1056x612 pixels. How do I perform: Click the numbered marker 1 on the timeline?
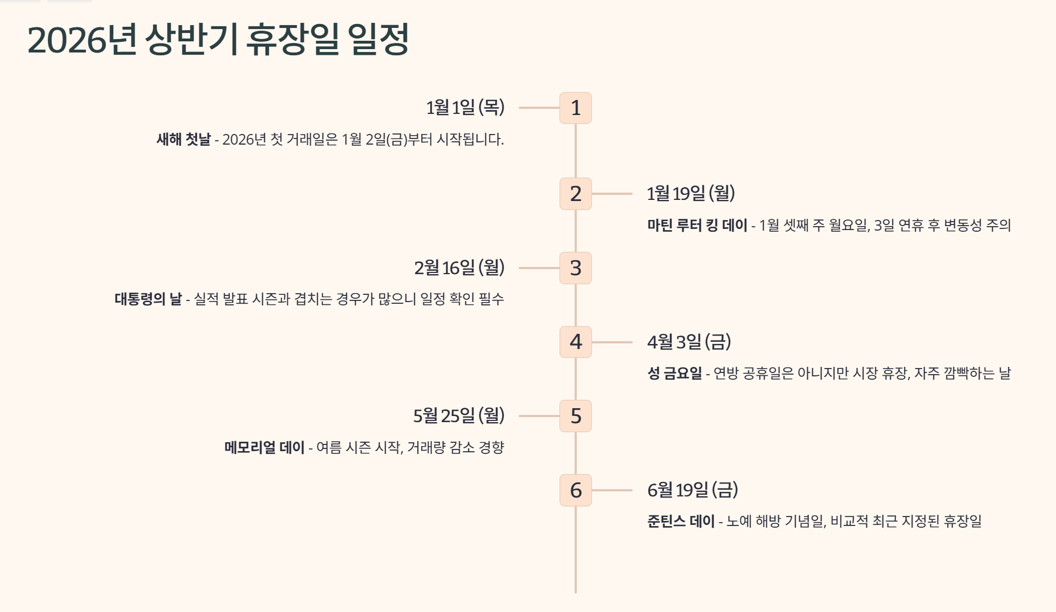tap(576, 108)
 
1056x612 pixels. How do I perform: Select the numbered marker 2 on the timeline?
tap(576, 194)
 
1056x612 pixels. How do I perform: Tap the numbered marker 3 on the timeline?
tap(576, 268)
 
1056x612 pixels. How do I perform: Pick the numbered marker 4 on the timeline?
tap(576, 342)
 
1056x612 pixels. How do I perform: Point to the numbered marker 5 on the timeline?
tap(576, 416)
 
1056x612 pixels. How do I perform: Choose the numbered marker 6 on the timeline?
tap(576, 490)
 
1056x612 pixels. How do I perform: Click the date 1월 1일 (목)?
tap(465, 107)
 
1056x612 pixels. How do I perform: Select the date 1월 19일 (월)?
tap(691, 193)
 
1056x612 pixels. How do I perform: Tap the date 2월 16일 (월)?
tap(459, 267)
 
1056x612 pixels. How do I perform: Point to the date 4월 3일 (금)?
tap(689, 341)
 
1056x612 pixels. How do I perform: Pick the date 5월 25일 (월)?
tap(459, 415)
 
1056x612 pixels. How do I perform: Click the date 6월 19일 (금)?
tap(692, 490)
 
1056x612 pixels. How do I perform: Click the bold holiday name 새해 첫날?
tap(184, 139)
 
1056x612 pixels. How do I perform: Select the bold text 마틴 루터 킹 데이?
tap(697, 225)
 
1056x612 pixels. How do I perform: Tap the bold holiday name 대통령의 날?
tap(148, 299)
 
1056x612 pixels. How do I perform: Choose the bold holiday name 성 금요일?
tap(674, 373)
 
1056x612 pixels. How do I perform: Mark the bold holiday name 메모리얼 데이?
tap(264, 447)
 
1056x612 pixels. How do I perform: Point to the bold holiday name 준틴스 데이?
tap(681, 521)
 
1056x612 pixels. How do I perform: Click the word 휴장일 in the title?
tap(292, 40)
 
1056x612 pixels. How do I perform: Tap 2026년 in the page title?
tap(82, 40)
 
